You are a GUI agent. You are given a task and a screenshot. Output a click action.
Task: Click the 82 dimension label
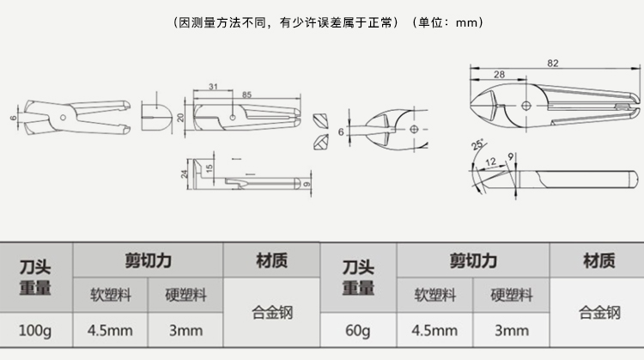pyautogui.click(x=552, y=64)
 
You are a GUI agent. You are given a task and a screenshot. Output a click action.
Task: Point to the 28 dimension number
pyautogui.click(x=499, y=75)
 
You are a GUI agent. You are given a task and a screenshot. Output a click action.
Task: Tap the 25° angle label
pyautogui.click(x=477, y=144)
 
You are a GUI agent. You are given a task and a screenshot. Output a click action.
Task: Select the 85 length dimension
pyautogui.click(x=246, y=95)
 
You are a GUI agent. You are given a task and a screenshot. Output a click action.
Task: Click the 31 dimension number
pyautogui.click(x=213, y=87)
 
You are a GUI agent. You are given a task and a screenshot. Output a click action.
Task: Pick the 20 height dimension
pyautogui.click(x=180, y=118)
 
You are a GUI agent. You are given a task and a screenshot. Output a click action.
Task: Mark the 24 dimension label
pyautogui.click(x=185, y=174)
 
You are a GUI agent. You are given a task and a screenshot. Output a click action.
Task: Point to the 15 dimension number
pyautogui.click(x=209, y=168)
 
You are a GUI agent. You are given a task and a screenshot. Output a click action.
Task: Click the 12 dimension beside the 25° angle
pyautogui.click(x=491, y=162)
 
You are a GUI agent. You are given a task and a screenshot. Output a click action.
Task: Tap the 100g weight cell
pyautogui.click(x=35, y=331)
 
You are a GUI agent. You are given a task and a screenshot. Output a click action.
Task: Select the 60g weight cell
pyautogui.click(x=358, y=331)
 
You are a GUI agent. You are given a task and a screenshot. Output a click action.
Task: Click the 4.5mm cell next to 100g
pyautogui.click(x=110, y=331)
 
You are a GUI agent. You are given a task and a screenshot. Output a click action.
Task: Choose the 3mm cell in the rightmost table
pyautogui.click(x=512, y=331)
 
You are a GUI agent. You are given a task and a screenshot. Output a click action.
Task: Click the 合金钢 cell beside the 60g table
pyautogui.click(x=599, y=313)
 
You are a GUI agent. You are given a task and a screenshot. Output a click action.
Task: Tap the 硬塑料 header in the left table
pyautogui.click(x=185, y=295)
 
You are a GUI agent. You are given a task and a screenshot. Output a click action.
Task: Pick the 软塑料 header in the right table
pyautogui.click(x=435, y=295)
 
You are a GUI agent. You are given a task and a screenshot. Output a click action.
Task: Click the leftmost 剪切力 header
pyautogui.click(x=149, y=260)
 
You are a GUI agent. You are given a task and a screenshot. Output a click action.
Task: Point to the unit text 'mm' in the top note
pyautogui.click(x=466, y=22)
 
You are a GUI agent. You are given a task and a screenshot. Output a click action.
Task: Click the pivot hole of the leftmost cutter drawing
pyautogui.click(x=63, y=118)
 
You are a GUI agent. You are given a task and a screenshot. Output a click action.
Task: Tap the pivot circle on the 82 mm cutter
pyautogui.click(x=526, y=106)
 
